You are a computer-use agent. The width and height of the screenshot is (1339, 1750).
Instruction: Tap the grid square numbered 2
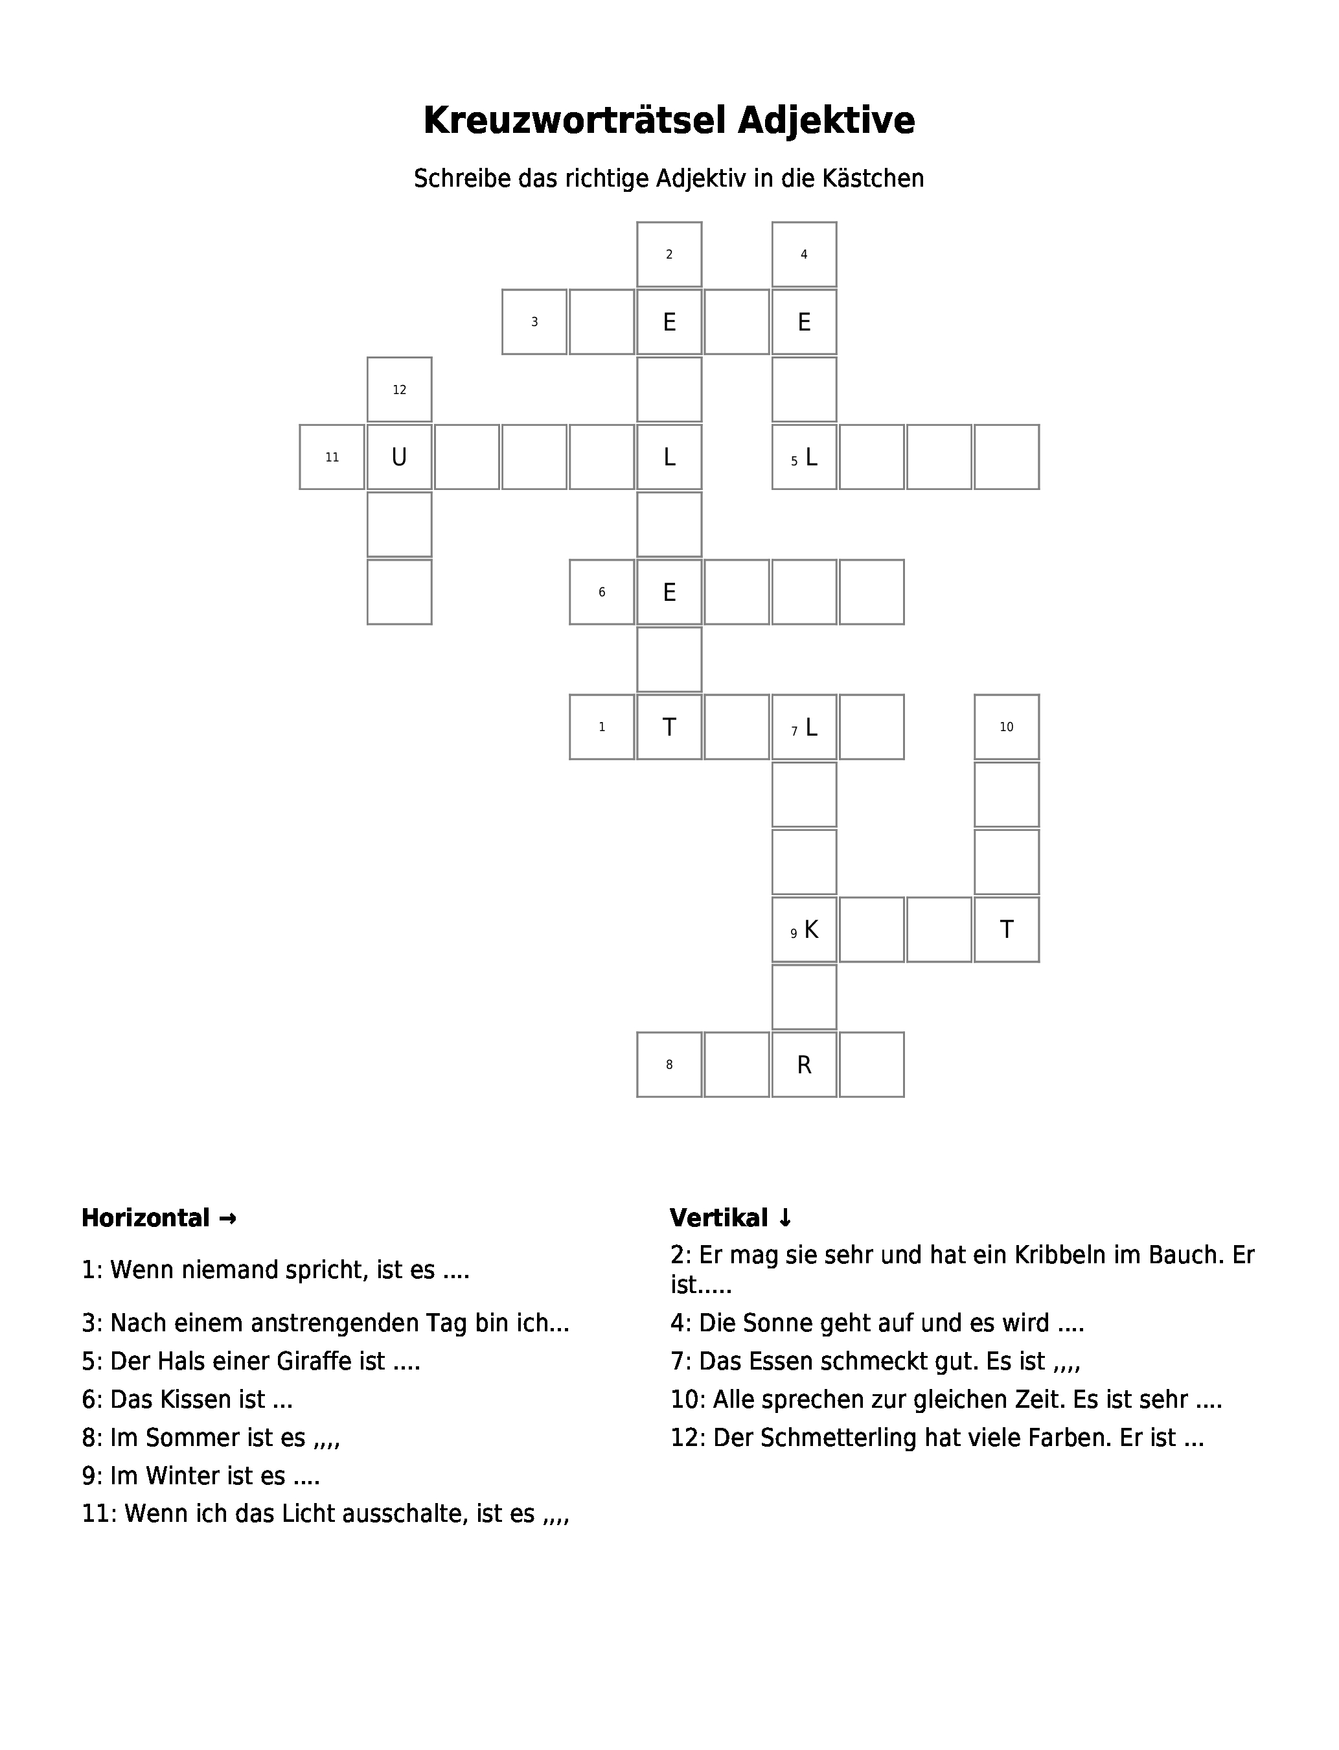[x=670, y=254]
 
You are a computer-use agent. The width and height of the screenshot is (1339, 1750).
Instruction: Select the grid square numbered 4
[x=804, y=254]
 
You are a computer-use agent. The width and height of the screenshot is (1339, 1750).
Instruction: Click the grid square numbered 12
[x=399, y=389]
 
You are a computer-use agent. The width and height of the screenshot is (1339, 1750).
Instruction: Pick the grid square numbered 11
[x=332, y=457]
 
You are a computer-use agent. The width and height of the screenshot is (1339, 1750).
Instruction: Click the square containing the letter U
[x=399, y=457]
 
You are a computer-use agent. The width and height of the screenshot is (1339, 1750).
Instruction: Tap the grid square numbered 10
[x=1007, y=727]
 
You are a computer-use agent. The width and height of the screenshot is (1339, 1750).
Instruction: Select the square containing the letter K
[x=804, y=929]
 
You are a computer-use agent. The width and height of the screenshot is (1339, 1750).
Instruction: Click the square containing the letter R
[x=804, y=1064]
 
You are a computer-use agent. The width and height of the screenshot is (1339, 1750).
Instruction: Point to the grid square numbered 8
[x=670, y=1064]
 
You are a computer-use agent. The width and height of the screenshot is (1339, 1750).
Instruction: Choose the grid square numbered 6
[x=602, y=592]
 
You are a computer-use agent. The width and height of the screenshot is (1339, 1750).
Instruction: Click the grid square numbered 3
[x=535, y=322]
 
